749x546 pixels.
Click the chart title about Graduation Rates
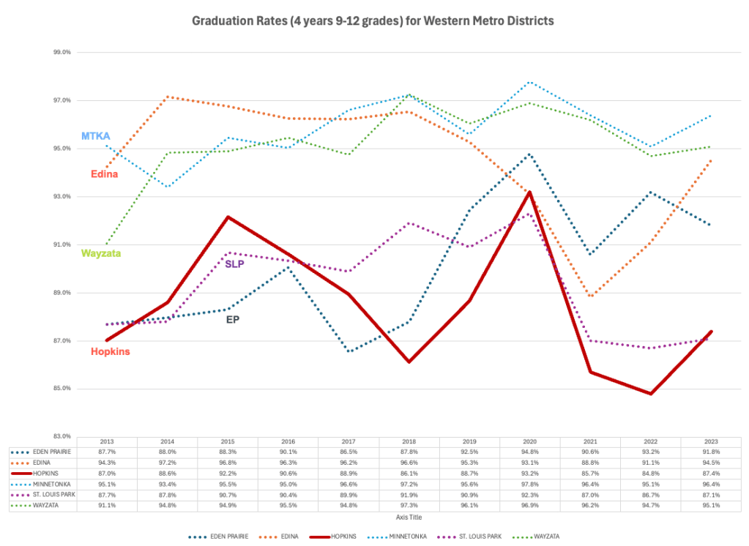pyautogui.click(x=373, y=21)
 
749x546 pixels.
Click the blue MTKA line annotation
pyautogui.click(x=95, y=137)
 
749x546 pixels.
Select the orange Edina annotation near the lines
pyautogui.click(x=104, y=174)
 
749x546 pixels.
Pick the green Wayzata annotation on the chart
pyautogui.click(x=101, y=253)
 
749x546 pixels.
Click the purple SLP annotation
pyautogui.click(x=234, y=263)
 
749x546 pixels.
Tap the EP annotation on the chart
pyautogui.click(x=233, y=319)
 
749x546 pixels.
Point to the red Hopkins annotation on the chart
pyautogui.click(x=110, y=351)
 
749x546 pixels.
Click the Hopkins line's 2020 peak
pyautogui.click(x=529, y=192)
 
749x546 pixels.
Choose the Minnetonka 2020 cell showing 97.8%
pyautogui.click(x=530, y=484)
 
